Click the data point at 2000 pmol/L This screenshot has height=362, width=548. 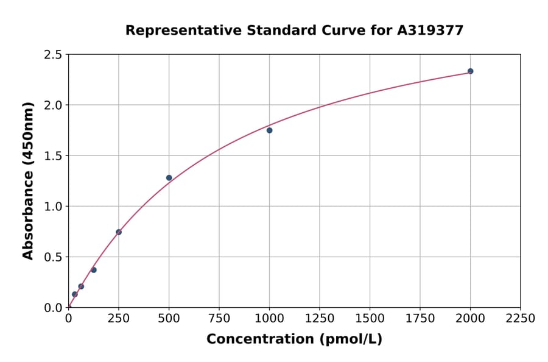(470, 71)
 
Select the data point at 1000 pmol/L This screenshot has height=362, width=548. (269, 130)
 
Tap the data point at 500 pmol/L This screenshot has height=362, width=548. (169, 178)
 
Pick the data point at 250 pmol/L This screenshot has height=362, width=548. (119, 232)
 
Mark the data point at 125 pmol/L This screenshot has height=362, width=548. (94, 270)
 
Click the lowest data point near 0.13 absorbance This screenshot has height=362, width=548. (75, 294)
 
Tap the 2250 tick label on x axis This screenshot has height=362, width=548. (521, 319)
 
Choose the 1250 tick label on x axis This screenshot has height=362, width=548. (320, 319)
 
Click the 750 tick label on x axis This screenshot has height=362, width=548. (219, 319)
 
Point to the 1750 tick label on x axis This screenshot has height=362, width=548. (420, 319)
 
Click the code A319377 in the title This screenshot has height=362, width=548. (430, 30)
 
